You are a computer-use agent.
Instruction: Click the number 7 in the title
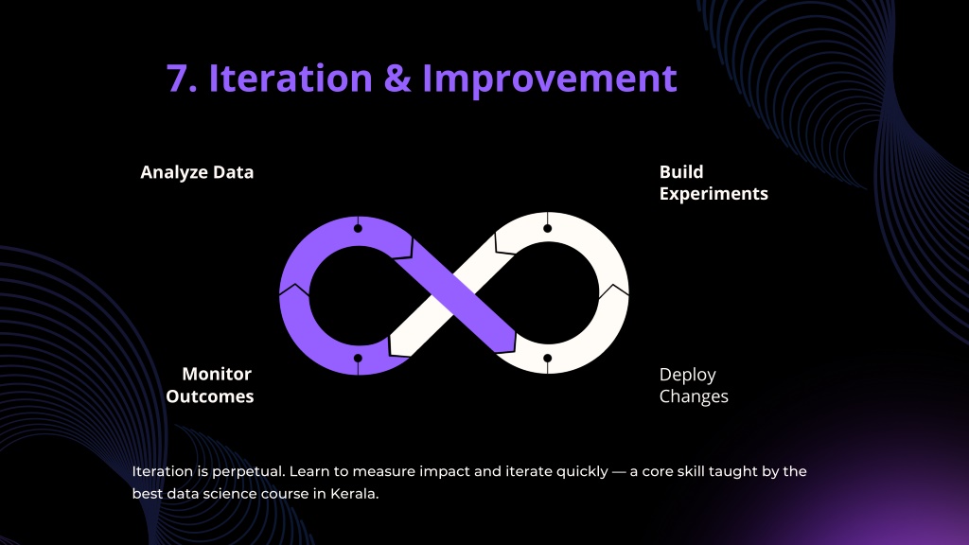tap(179, 79)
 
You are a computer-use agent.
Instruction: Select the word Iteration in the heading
tap(291, 78)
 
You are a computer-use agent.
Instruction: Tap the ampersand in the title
tap(397, 79)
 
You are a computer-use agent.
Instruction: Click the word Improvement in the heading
tap(550, 79)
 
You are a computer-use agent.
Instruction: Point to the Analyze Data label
tap(197, 172)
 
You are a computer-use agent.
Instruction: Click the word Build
tap(681, 172)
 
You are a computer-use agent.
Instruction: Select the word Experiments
tap(714, 193)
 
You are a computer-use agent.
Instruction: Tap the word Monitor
tap(217, 374)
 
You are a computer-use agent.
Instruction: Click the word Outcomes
tap(209, 396)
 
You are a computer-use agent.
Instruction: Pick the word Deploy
tap(688, 375)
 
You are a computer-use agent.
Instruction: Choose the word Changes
tap(694, 396)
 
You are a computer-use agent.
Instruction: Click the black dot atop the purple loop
tap(358, 229)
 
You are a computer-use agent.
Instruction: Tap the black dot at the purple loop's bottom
tap(358, 359)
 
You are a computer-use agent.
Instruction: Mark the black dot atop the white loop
tap(548, 229)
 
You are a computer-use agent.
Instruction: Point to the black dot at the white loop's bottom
tap(548, 359)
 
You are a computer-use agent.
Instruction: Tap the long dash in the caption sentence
tap(619, 471)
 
